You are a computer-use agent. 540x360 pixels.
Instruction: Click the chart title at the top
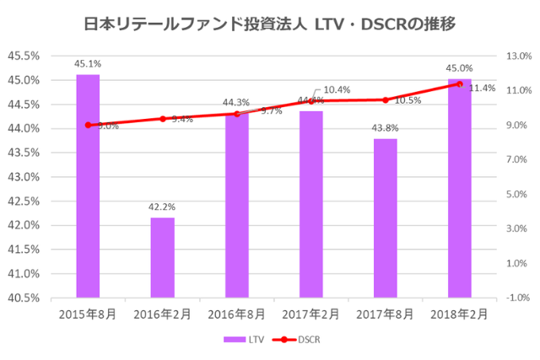[x=270, y=24]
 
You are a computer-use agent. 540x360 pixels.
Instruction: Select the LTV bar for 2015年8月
[x=88, y=185]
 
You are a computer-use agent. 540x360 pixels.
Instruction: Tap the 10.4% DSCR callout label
[x=337, y=89]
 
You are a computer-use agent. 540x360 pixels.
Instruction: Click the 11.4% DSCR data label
[x=482, y=88]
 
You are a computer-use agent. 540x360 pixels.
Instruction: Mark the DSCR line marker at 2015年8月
[x=88, y=125]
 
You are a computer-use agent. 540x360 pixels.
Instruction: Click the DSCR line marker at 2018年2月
[x=459, y=84]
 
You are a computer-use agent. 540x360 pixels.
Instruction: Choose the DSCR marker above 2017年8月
[x=385, y=99]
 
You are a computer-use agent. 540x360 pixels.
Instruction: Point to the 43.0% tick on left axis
[x=24, y=177]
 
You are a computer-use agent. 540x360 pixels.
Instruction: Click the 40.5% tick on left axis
[x=24, y=298]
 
